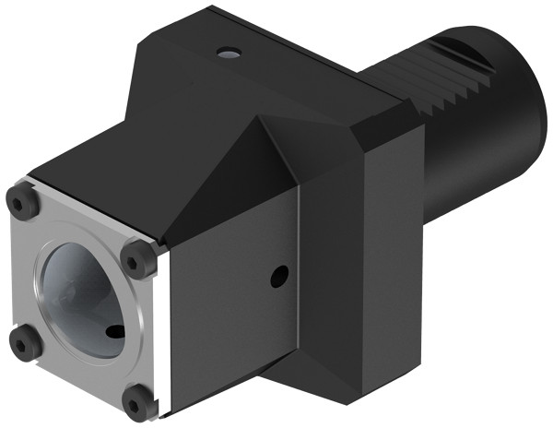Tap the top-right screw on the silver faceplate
(139, 257)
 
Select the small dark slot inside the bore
(114, 331)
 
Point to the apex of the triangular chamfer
(264, 120)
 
